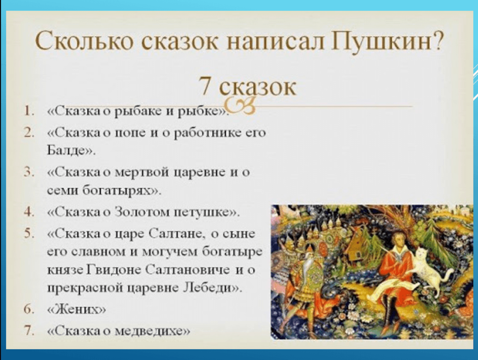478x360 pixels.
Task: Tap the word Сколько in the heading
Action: (x=84, y=41)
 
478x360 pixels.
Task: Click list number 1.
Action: (x=29, y=111)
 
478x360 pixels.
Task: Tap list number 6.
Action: (x=29, y=309)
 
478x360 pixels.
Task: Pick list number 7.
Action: (x=29, y=331)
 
